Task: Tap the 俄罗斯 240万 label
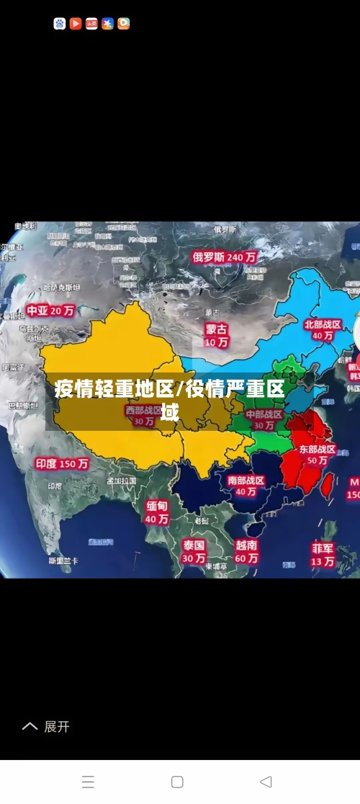pyautogui.click(x=225, y=256)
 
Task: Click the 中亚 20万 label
pyautogui.click(x=50, y=311)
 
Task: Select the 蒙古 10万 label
pyautogui.click(x=216, y=335)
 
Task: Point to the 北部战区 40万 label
pyautogui.click(x=323, y=330)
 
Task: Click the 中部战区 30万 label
pyautogui.click(x=264, y=419)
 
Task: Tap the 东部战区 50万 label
pyautogui.click(x=317, y=454)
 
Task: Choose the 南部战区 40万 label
pyautogui.click(x=246, y=486)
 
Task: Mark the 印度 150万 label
pyautogui.click(x=63, y=464)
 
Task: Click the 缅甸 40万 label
pyautogui.click(x=157, y=512)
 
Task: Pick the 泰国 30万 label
pyautogui.click(x=193, y=551)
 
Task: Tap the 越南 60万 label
pyautogui.click(x=246, y=551)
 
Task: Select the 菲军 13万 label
pyautogui.click(x=323, y=553)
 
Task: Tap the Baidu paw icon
pyautogui.click(x=60, y=24)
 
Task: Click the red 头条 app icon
pyautogui.click(x=91, y=24)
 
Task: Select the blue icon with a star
pyautogui.click(x=107, y=24)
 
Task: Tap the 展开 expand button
pyautogui.click(x=46, y=727)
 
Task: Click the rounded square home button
pyautogui.click(x=177, y=782)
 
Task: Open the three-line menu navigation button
pyautogui.click(x=88, y=782)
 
